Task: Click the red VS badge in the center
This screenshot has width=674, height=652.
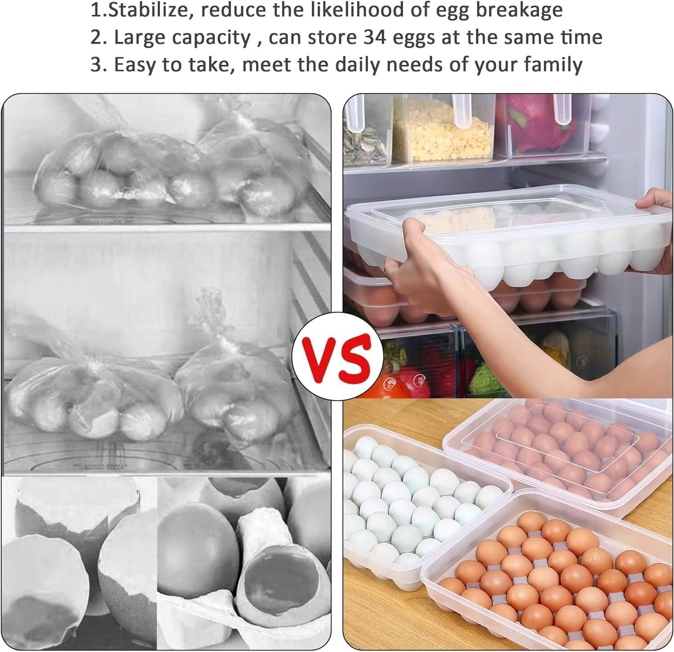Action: coord(337,354)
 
